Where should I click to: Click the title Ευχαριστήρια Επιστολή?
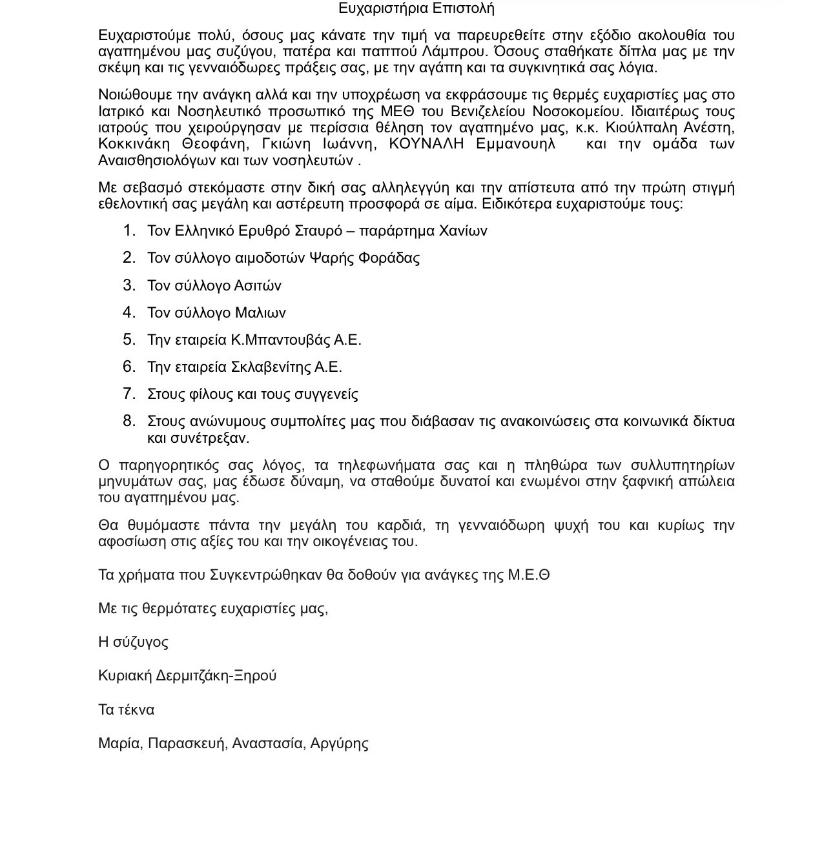click(x=416, y=8)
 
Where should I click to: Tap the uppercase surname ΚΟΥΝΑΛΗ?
click(x=426, y=144)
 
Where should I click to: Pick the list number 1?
click(x=129, y=230)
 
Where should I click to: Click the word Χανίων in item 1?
click(x=463, y=231)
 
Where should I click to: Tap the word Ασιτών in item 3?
click(x=258, y=285)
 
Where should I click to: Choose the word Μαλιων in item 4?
click(x=260, y=313)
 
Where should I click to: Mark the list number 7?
click(x=129, y=394)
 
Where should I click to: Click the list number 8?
click(x=129, y=421)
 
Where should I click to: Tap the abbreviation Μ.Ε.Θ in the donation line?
click(x=528, y=575)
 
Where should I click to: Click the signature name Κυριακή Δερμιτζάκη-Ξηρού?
click(x=187, y=676)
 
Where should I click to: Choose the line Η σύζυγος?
click(x=133, y=642)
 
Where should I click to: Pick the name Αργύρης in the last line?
click(x=339, y=744)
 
